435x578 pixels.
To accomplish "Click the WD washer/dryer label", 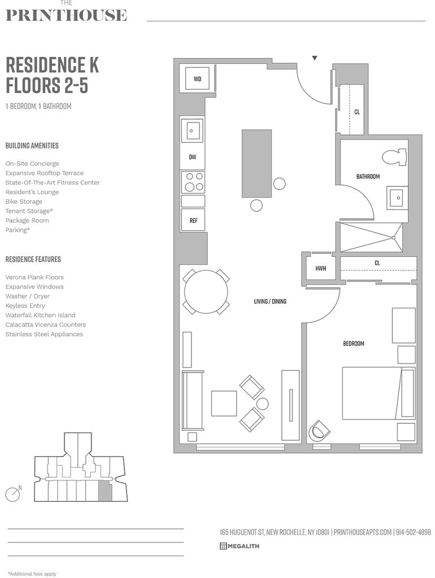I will [x=197, y=79].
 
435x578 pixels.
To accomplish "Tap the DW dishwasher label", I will [x=193, y=157].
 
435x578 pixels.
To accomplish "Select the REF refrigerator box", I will [x=193, y=221].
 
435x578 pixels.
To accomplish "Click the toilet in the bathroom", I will [x=394, y=156].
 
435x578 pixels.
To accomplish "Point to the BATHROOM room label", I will [x=368, y=177].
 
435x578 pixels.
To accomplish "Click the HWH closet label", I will [x=321, y=268].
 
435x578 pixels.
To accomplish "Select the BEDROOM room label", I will [x=354, y=343].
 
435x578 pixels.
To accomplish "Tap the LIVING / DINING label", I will [x=270, y=301].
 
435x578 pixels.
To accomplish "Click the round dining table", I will [x=206, y=292].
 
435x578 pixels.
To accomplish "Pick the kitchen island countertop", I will [x=256, y=164].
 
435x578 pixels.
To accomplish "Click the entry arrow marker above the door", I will [x=315, y=58].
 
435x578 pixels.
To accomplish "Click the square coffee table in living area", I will [x=224, y=403].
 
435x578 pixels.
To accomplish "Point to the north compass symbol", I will [x=13, y=494].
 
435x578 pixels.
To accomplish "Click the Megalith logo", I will [x=240, y=546].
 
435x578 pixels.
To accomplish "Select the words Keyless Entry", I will [x=25, y=305].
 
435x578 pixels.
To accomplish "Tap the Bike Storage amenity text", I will [x=24, y=202].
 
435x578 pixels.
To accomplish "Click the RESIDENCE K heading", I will [x=52, y=65].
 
